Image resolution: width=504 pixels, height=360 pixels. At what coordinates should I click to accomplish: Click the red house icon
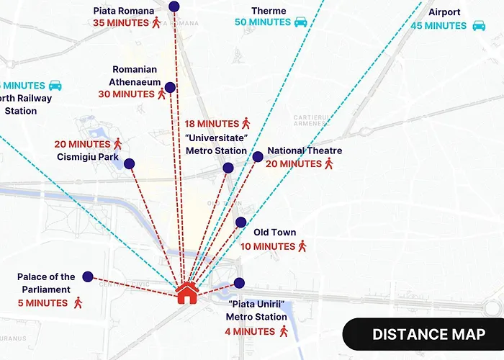pyautogui.click(x=186, y=292)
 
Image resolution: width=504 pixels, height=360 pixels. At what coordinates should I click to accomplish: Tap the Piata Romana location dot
pyautogui.click(x=174, y=6)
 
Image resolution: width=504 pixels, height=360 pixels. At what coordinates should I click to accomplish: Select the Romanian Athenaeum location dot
pyautogui.click(x=170, y=88)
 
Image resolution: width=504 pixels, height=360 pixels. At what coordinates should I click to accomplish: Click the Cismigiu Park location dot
pyautogui.click(x=130, y=164)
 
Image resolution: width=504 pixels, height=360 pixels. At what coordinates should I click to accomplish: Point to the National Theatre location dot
pyautogui.click(x=258, y=157)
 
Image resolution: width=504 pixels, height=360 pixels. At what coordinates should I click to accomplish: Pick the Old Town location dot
pyautogui.click(x=241, y=222)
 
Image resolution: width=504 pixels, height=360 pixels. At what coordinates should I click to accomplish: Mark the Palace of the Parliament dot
pyautogui.click(x=88, y=276)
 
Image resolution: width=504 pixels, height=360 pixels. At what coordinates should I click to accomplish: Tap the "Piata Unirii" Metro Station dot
pyautogui.click(x=239, y=283)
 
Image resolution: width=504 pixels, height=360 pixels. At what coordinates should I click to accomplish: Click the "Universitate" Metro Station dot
pyautogui.click(x=228, y=168)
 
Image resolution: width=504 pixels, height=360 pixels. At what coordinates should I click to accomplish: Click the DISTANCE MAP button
pyautogui.click(x=428, y=334)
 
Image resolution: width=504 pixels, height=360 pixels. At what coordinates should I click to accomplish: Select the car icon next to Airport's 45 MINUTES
pyautogui.click(x=479, y=26)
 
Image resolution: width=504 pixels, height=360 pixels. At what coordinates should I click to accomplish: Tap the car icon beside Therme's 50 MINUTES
pyautogui.click(x=301, y=22)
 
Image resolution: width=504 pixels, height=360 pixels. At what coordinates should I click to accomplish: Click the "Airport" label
pyautogui.click(x=444, y=12)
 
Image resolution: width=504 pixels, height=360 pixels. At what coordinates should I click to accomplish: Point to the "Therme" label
pyautogui.click(x=269, y=11)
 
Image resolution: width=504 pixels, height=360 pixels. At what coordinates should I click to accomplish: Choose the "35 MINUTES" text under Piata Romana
pyautogui.click(x=120, y=22)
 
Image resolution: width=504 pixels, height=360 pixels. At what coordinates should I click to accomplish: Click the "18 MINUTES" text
pyautogui.click(x=212, y=124)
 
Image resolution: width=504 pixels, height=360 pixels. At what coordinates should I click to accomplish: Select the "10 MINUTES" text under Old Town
pyautogui.click(x=268, y=246)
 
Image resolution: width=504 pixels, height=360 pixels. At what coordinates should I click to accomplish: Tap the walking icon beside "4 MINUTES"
pyautogui.click(x=284, y=331)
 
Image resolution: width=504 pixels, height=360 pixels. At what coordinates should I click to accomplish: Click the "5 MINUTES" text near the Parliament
pyautogui.click(x=42, y=303)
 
